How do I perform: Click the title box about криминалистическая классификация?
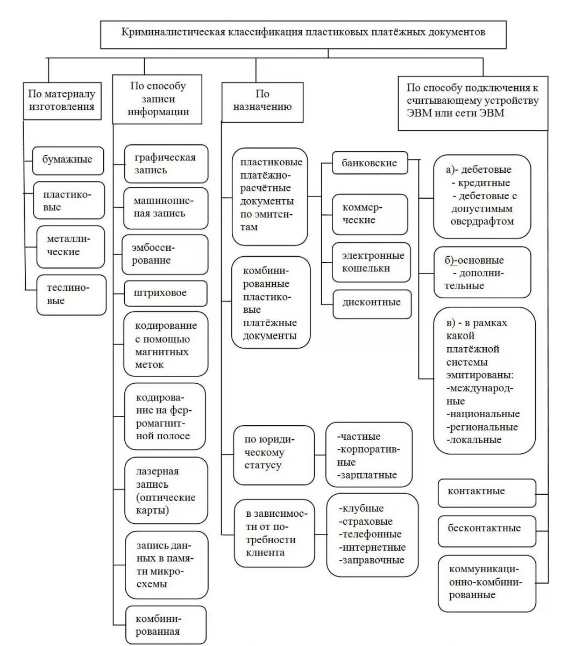(x=303, y=33)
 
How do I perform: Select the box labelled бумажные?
(x=68, y=160)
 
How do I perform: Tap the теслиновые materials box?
(x=71, y=294)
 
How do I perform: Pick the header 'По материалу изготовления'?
(x=62, y=100)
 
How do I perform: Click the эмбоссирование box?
(x=165, y=254)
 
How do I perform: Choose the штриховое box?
(x=165, y=293)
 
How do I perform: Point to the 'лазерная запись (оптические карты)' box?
(x=166, y=490)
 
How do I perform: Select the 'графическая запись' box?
(x=166, y=164)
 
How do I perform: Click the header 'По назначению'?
(x=262, y=101)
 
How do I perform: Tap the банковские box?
(x=370, y=163)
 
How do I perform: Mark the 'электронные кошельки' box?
(x=372, y=262)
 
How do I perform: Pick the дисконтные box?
(x=372, y=303)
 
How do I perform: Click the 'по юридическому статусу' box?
(x=274, y=453)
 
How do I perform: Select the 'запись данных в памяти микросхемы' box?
(x=166, y=565)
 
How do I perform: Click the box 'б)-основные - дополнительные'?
(x=482, y=273)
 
